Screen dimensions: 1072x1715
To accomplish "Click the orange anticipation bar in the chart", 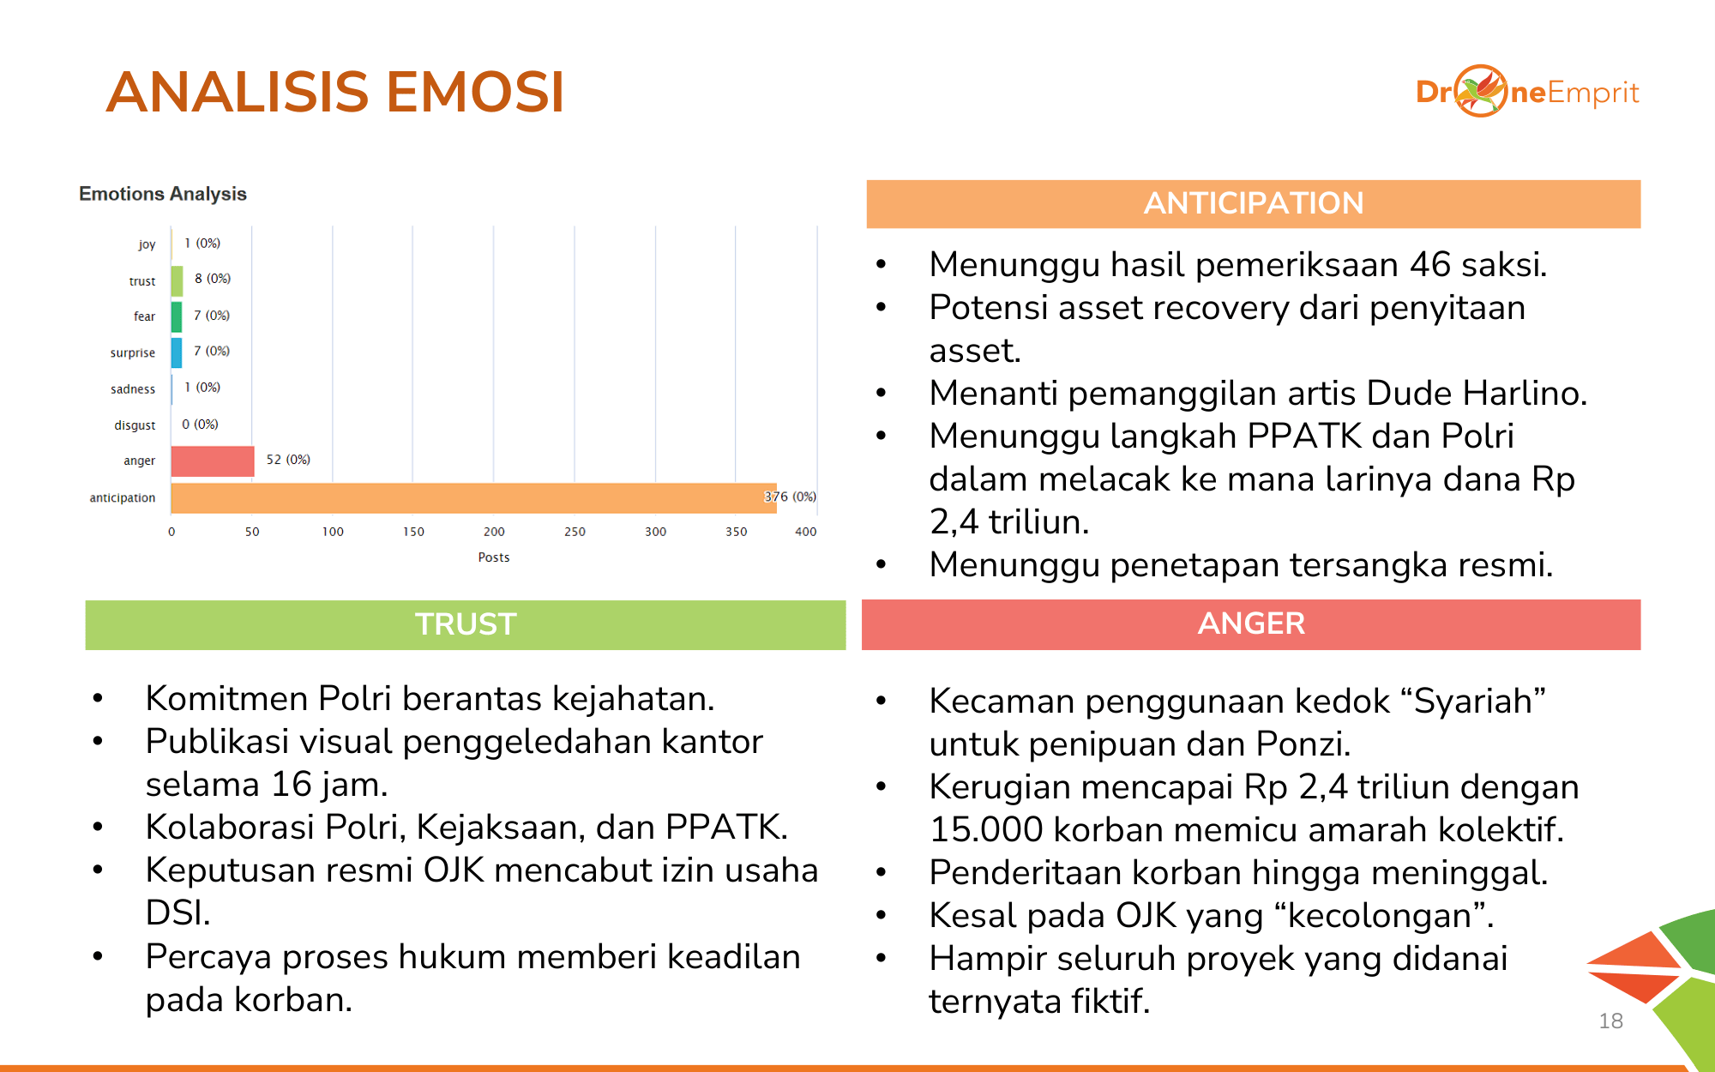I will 472,497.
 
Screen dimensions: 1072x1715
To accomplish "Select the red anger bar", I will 213,461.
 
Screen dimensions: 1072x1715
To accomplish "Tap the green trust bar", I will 177,280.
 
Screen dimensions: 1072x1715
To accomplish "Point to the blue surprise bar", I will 177,352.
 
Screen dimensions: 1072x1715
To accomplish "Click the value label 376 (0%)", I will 790,497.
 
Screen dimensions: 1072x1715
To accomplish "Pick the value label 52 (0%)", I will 288,460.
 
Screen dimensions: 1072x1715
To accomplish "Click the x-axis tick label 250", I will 575,532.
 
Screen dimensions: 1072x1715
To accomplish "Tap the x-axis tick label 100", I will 333,532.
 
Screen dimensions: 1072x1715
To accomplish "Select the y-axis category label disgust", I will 135,425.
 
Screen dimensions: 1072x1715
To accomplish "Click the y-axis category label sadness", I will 133,389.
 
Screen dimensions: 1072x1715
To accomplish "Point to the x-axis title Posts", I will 494,557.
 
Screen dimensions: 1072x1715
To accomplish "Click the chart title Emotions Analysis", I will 163,194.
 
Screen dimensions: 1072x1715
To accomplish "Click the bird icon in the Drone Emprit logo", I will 1481,91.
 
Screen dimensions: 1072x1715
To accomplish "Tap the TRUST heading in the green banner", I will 466,624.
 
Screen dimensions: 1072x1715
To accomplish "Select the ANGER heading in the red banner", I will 1251,623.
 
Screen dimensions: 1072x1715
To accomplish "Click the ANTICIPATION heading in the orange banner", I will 1253,203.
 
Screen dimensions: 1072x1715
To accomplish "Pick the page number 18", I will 1610,1021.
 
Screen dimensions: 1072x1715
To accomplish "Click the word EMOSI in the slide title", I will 475,92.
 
